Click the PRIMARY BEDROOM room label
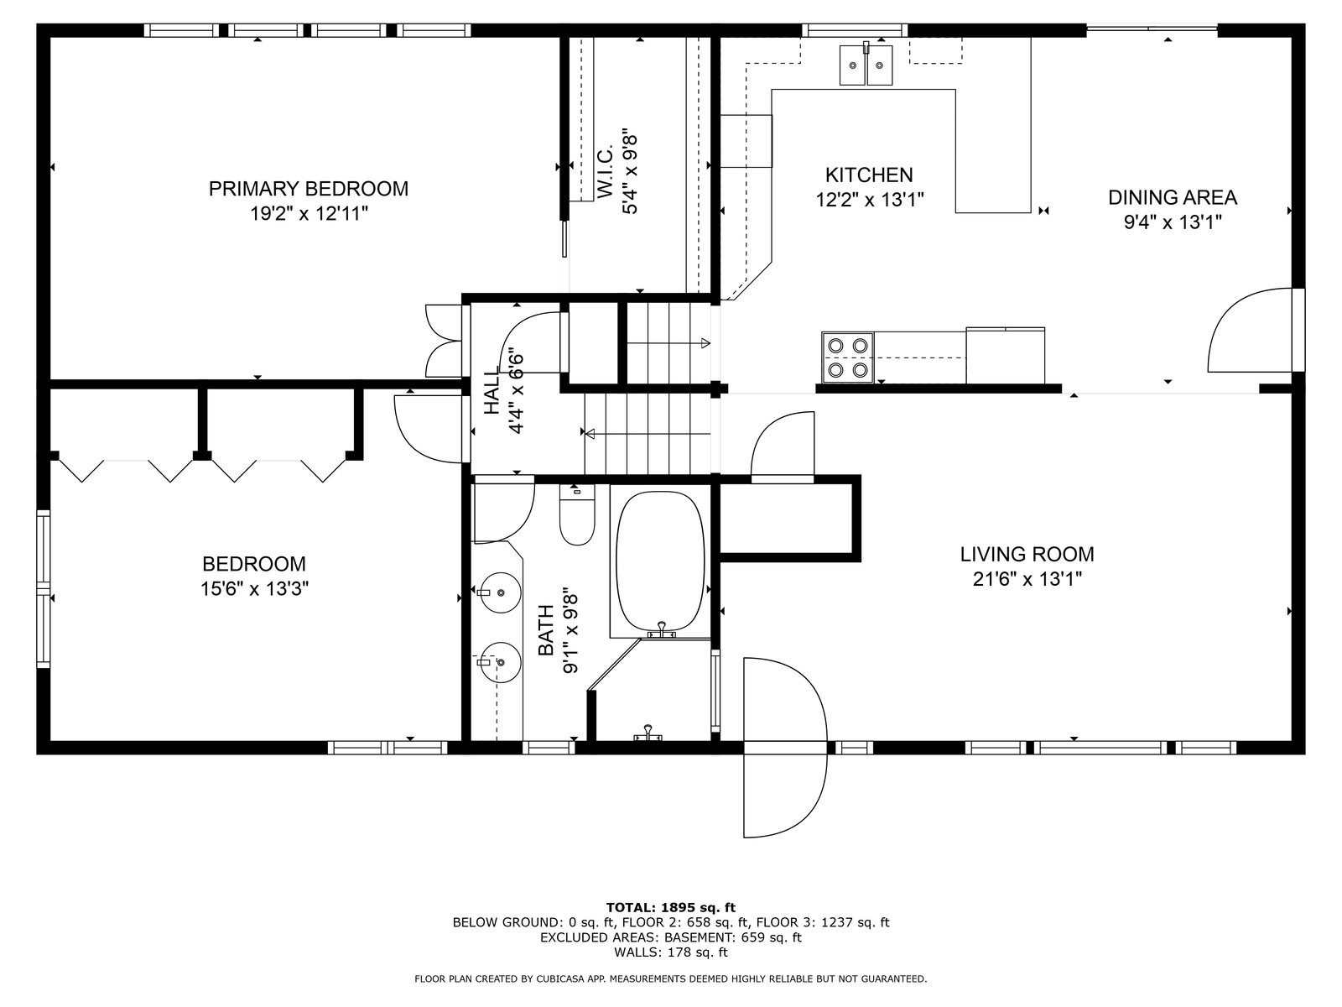point(308,188)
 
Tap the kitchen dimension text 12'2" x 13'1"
point(870,200)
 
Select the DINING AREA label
point(1172,197)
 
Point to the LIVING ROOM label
point(1027,554)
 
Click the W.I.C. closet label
point(605,172)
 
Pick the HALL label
point(492,392)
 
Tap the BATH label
point(545,630)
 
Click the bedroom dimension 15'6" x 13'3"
point(254,589)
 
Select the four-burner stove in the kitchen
point(847,357)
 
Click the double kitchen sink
point(866,65)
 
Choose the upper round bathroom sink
point(500,592)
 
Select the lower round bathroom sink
point(500,661)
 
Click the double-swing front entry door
point(785,747)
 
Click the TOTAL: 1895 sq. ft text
point(671,907)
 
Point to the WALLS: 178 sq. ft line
point(671,952)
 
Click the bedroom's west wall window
point(43,589)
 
